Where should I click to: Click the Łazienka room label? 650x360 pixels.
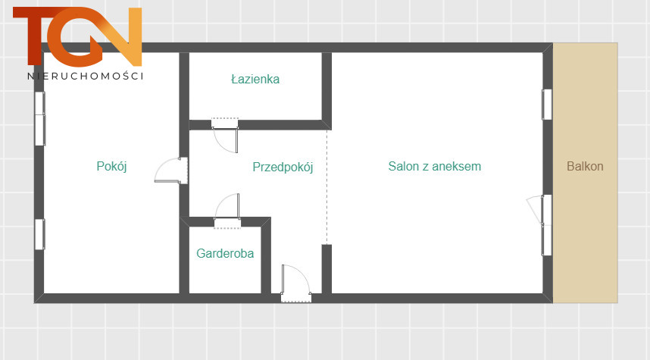[255, 79]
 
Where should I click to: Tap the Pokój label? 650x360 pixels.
[111, 166]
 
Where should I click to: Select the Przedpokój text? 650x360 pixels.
[283, 167]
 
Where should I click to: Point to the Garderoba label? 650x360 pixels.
[225, 253]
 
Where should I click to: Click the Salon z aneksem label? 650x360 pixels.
[434, 166]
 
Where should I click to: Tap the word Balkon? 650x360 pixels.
[585, 166]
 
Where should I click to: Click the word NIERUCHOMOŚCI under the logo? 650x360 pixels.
[86, 76]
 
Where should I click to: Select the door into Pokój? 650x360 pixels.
[171, 171]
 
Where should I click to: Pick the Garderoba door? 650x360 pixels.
[227, 211]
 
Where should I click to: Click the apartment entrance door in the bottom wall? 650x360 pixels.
[295, 283]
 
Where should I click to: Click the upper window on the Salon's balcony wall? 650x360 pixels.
[547, 105]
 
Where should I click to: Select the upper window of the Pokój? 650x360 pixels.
[40, 119]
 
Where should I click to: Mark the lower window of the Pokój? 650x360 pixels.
[40, 234]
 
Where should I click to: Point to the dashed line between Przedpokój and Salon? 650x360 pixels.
[327, 187]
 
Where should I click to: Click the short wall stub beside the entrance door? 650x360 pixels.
[327, 269]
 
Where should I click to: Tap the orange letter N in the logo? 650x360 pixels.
[120, 36]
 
